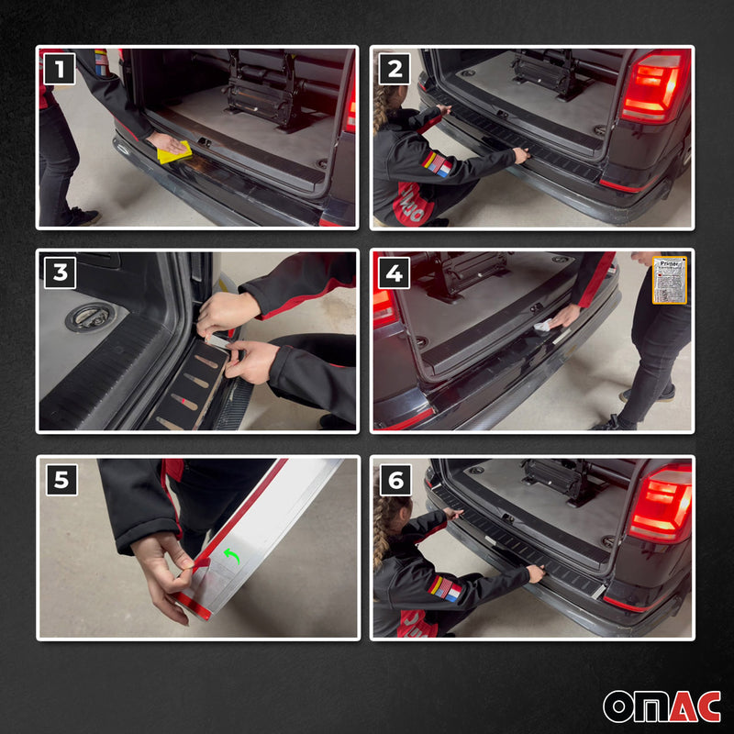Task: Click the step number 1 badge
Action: click(x=60, y=69)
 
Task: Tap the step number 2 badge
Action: click(x=395, y=69)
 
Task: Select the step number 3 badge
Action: click(x=60, y=272)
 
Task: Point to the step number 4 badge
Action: click(x=395, y=272)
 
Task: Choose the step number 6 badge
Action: click(x=395, y=479)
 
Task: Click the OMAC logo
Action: click(x=661, y=705)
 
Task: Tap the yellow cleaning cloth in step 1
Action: click(x=173, y=151)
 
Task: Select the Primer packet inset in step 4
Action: click(x=669, y=280)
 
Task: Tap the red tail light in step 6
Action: click(x=660, y=504)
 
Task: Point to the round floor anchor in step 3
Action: click(x=89, y=317)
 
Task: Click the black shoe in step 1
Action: click(x=83, y=217)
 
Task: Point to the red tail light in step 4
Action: click(x=384, y=306)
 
